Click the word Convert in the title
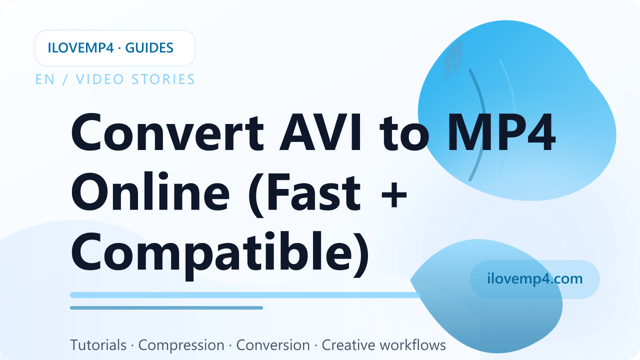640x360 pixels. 167,132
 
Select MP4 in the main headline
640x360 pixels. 502,132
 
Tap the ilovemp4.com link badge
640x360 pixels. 535,279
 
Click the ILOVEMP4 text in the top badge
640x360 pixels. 81,47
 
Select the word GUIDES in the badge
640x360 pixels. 149,47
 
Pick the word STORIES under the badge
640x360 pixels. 163,79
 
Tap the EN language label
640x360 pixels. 45,79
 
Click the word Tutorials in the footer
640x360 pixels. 98,345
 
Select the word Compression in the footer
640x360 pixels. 181,345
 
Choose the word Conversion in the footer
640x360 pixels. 273,345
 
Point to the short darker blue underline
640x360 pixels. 166,307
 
